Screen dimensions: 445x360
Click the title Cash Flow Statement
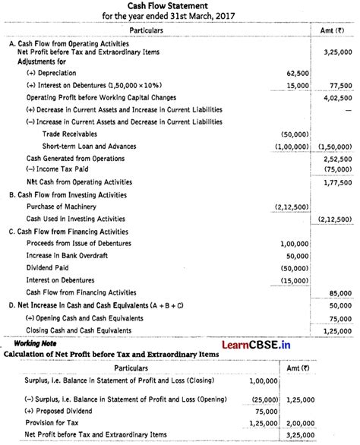[179, 6]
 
